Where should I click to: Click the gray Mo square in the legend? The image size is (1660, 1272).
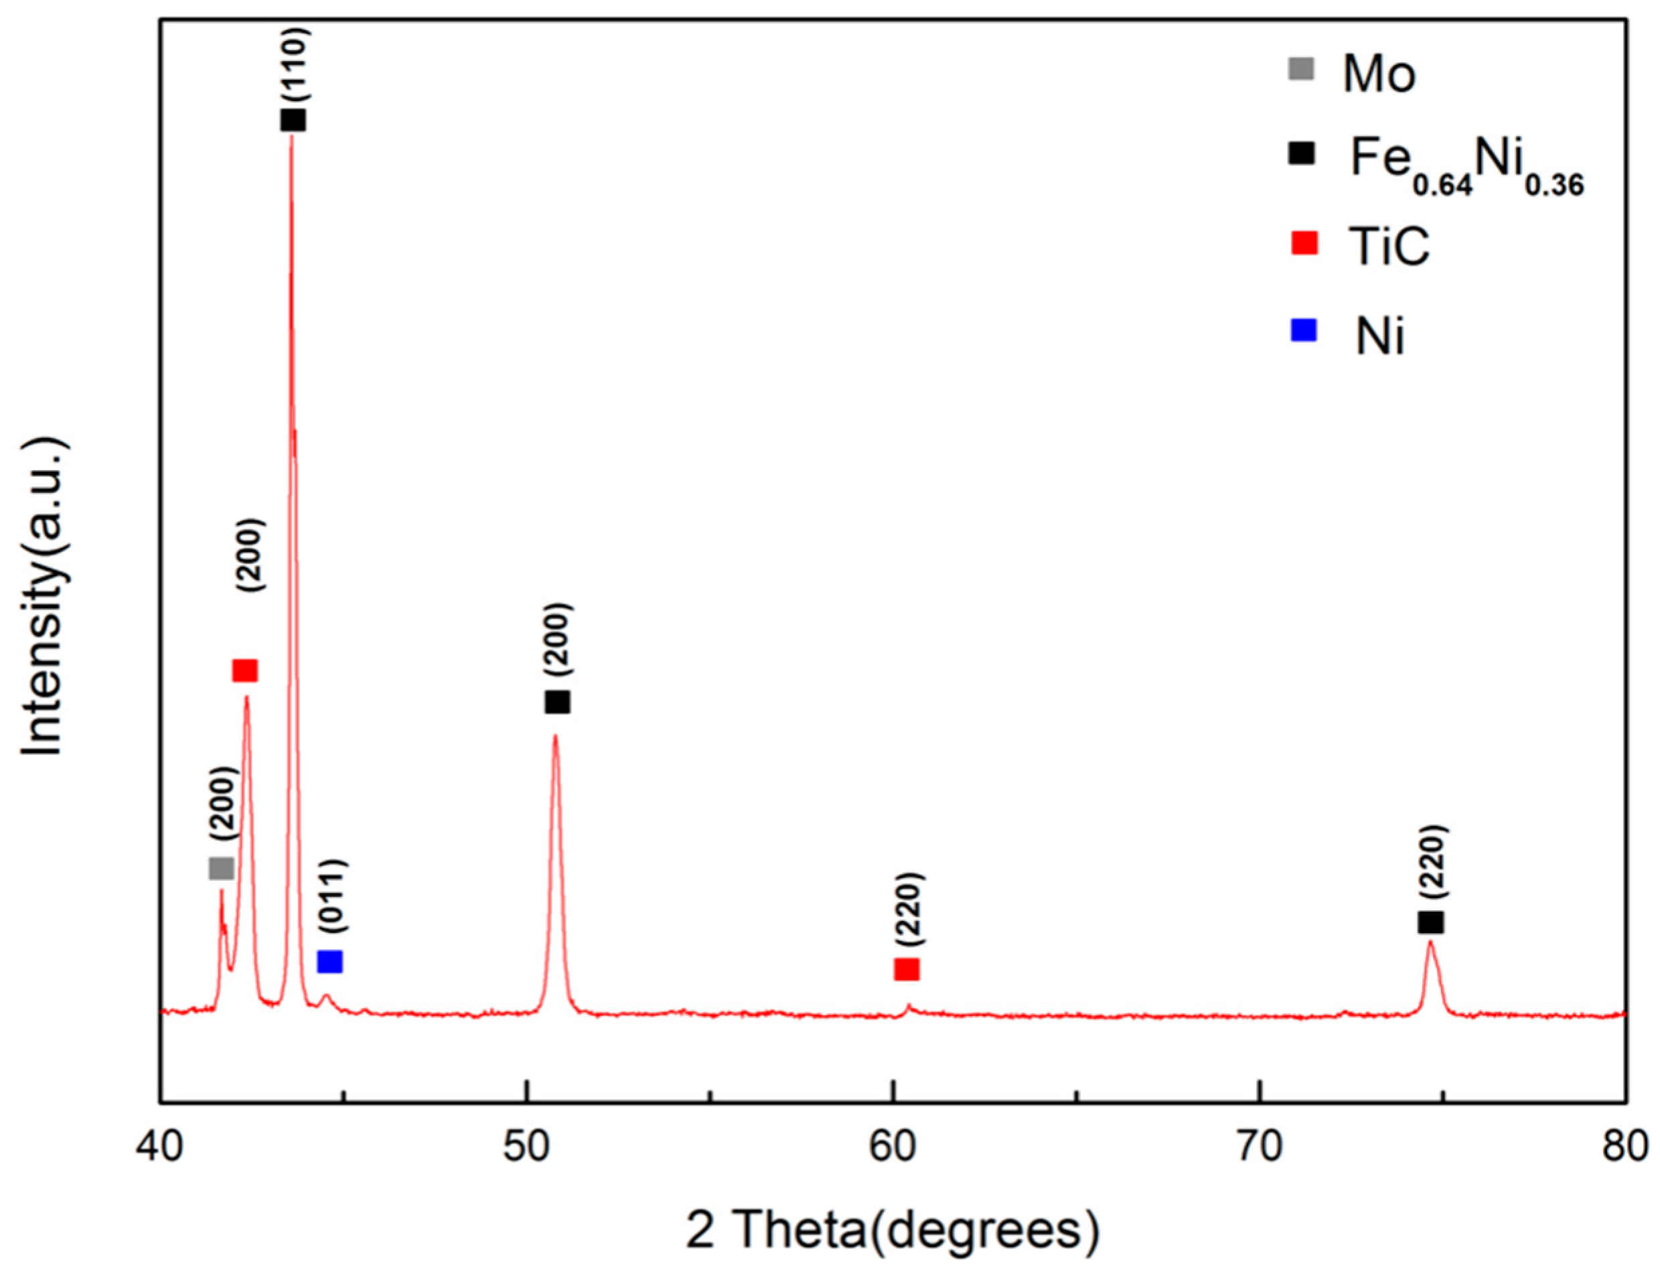pyautogui.click(x=1302, y=70)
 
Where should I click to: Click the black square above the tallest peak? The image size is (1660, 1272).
pyautogui.click(x=293, y=120)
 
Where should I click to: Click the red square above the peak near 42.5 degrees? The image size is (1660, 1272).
pyautogui.click(x=245, y=670)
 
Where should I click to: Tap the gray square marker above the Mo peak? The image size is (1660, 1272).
pyautogui.click(x=221, y=869)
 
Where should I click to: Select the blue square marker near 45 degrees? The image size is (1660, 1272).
pyautogui.click(x=330, y=962)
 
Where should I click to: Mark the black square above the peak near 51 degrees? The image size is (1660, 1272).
pyautogui.click(x=557, y=703)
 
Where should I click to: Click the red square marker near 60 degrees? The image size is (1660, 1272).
pyautogui.click(x=906, y=969)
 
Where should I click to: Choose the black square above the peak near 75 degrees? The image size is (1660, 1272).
pyautogui.click(x=1430, y=922)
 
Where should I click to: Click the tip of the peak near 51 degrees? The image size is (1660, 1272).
pyautogui.click(x=556, y=735)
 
